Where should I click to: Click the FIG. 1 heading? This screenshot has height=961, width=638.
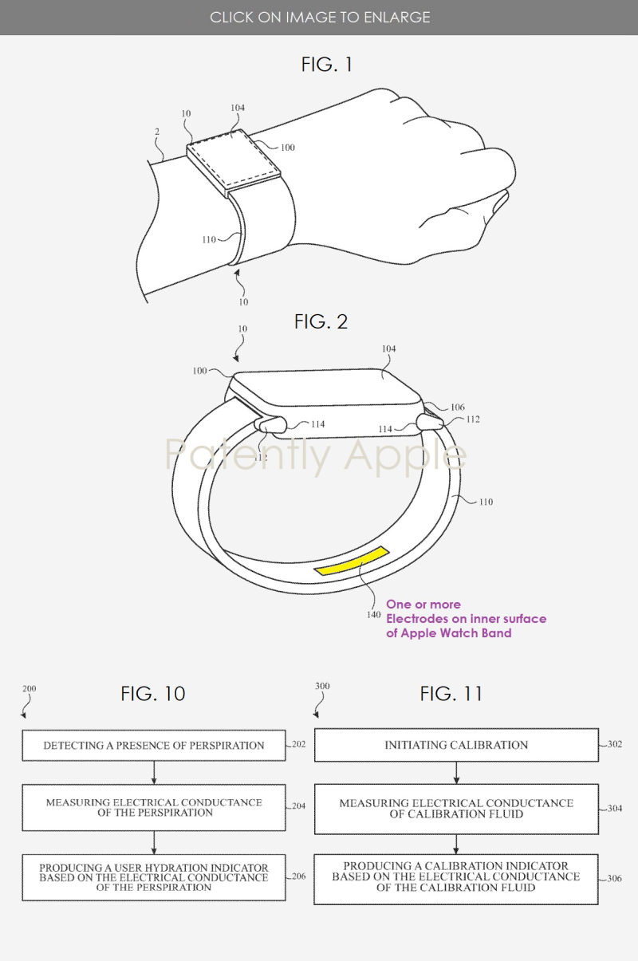pyautogui.click(x=326, y=65)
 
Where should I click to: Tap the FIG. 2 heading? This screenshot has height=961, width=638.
pyautogui.click(x=321, y=321)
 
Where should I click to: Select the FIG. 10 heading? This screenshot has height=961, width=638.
pyautogui.click(x=153, y=694)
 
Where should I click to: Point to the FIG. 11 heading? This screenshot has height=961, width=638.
pyautogui.click(x=451, y=694)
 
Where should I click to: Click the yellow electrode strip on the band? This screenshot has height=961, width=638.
pyautogui.click(x=352, y=561)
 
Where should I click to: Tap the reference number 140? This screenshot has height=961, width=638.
pyautogui.click(x=373, y=614)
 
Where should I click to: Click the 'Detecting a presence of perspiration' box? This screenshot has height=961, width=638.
pyautogui.click(x=154, y=745)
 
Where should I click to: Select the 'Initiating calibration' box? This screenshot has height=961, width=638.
pyautogui.click(x=456, y=745)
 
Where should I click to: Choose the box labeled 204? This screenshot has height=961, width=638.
pyautogui.click(x=154, y=807)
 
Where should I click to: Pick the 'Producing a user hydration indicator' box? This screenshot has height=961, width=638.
pyautogui.click(x=154, y=877)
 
